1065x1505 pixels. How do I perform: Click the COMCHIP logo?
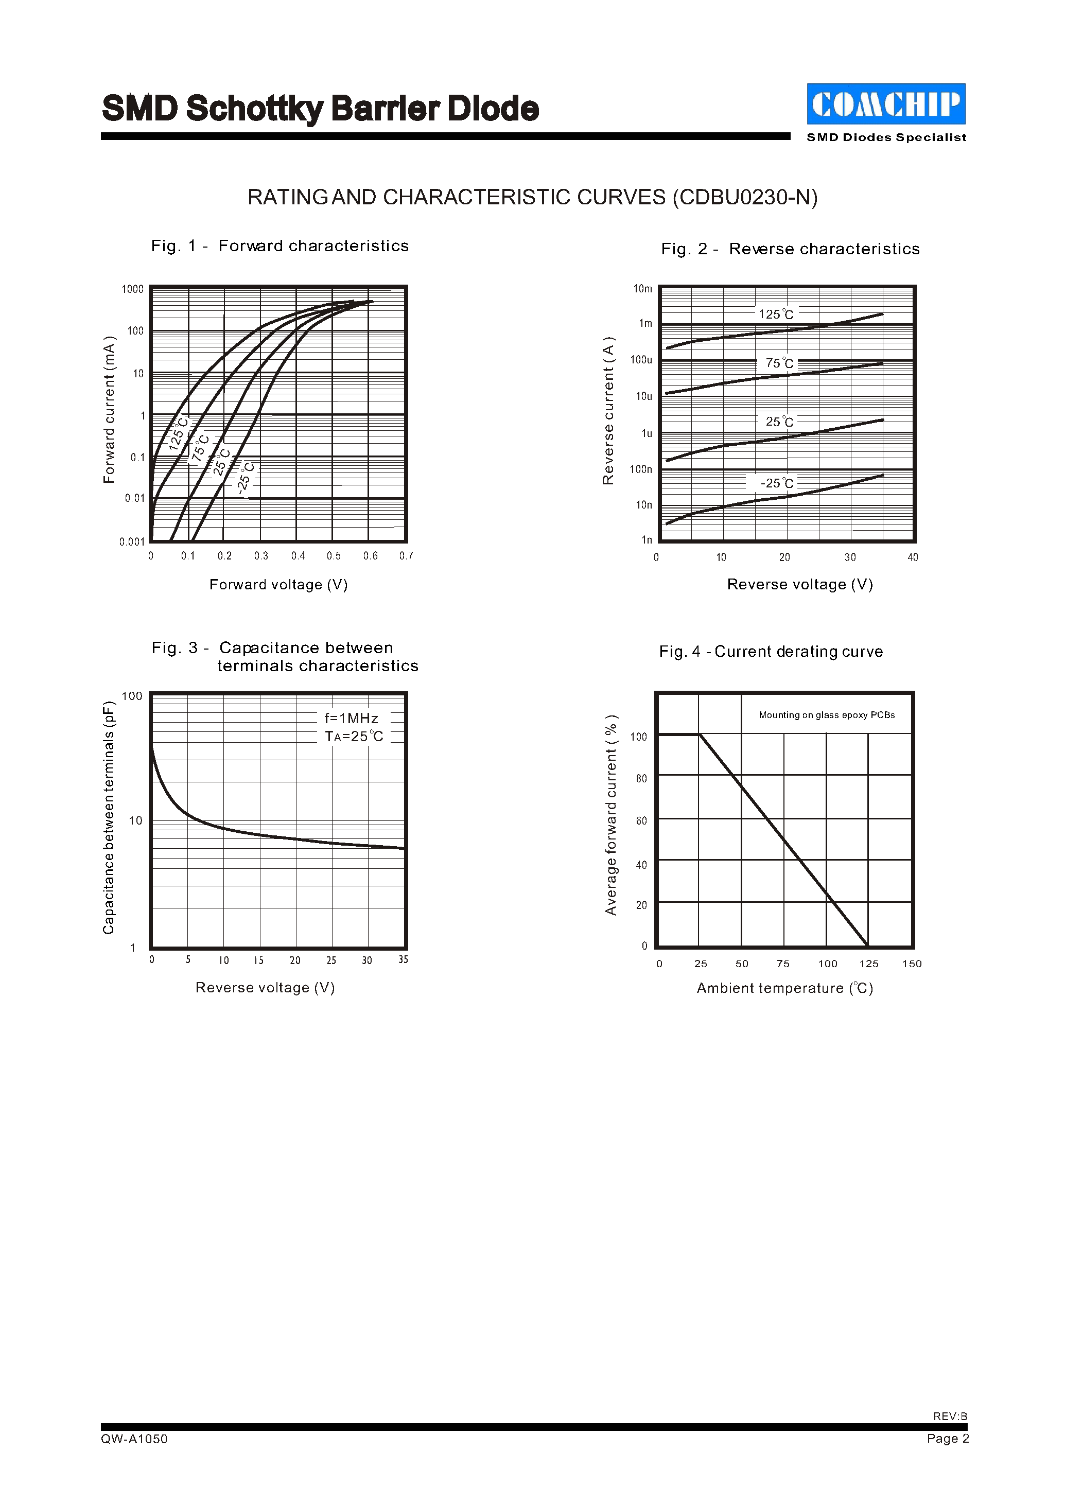pyautogui.click(x=885, y=103)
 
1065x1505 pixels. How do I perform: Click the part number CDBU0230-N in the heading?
pyautogui.click(x=745, y=197)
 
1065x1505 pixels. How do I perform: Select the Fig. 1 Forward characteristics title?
pyautogui.click(x=280, y=246)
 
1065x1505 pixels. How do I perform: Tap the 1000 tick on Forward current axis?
pyautogui.click(x=132, y=289)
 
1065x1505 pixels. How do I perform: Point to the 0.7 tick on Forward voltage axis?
pyautogui.click(x=406, y=556)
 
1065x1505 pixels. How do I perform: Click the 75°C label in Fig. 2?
pyautogui.click(x=779, y=363)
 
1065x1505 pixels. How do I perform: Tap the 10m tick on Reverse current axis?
pyautogui.click(x=643, y=289)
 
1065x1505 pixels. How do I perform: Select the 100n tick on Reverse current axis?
pyautogui.click(x=641, y=469)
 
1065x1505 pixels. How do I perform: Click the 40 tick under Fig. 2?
pyautogui.click(x=912, y=557)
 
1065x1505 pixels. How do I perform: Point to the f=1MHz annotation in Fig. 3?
pyautogui.click(x=351, y=719)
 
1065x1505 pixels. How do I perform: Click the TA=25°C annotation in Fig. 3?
pyautogui.click(x=354, y=737)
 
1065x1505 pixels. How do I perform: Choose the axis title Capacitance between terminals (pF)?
pyautogui.click(x=109, y=818)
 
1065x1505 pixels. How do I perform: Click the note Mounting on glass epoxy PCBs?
pyautogui.click(x=826, y=715)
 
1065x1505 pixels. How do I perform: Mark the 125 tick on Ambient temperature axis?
pyautogui.click(x=868, y=964)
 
